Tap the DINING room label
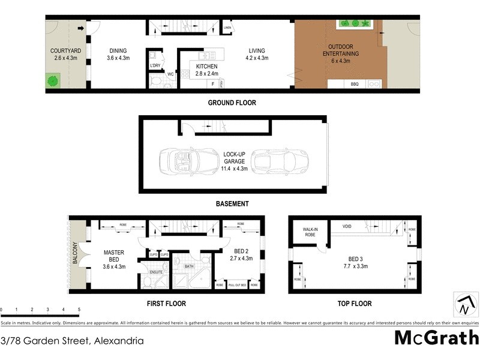point(118,51)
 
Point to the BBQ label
point(355,84)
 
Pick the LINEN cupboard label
point(227,28)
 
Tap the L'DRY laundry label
point(155,65)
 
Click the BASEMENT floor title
point(232,204)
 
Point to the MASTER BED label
point(114,256)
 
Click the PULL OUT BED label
point(237,284)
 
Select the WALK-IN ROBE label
point(310,232)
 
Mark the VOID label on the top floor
point(347,226)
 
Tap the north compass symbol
point(464,305)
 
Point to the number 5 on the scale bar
point(79,310)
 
